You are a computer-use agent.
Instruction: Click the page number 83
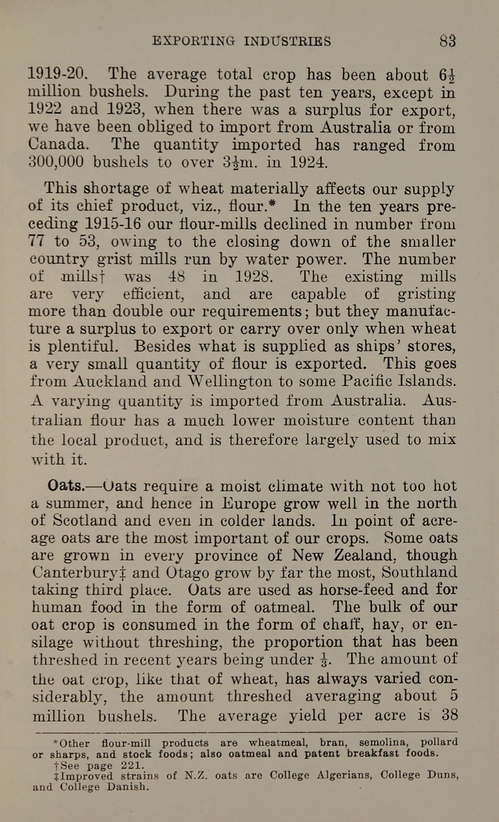point(448,41)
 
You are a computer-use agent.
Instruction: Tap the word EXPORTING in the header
point(194,41)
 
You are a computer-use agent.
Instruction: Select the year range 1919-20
point(58,74)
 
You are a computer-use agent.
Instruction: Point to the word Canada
point(56,144)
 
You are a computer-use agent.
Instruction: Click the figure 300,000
point(56,162)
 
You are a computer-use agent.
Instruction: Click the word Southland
point(419,572)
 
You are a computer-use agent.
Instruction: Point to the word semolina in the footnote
point(384,742)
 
